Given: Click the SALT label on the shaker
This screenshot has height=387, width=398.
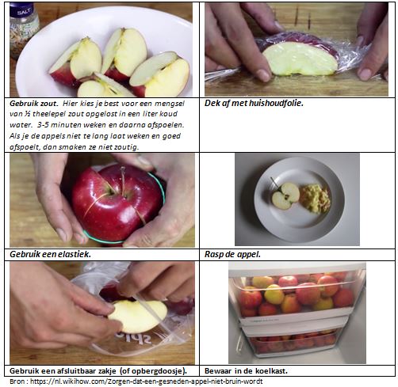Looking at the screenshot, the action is tap(24, 13).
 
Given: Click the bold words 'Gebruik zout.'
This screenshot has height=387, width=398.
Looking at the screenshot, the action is tap(33, 104).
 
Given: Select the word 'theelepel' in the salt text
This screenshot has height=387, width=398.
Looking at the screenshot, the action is tap(48, 114).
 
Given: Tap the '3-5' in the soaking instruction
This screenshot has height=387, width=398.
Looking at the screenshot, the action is tap(43, 125).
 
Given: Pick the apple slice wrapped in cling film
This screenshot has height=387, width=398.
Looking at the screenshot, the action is tap(300, 59).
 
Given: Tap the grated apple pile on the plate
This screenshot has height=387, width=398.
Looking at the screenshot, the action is tap(315, 198).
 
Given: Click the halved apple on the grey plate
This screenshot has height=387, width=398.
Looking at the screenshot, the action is tap(285, 195).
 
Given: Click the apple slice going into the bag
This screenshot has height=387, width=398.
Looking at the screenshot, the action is tap(137, 316).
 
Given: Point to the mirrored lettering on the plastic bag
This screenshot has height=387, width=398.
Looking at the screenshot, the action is tap(133, 337).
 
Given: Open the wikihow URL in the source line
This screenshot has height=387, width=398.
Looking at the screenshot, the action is tap(147, 381).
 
